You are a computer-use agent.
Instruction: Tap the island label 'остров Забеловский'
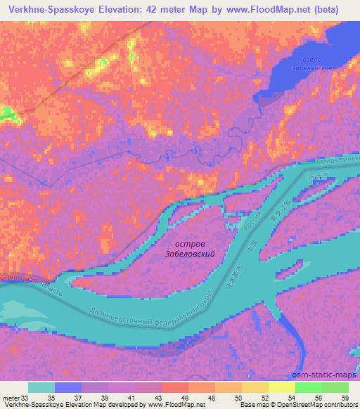tap(188, 252)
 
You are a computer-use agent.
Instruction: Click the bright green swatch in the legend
tap(308, 387)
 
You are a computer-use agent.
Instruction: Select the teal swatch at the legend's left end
tap(41, 387)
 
